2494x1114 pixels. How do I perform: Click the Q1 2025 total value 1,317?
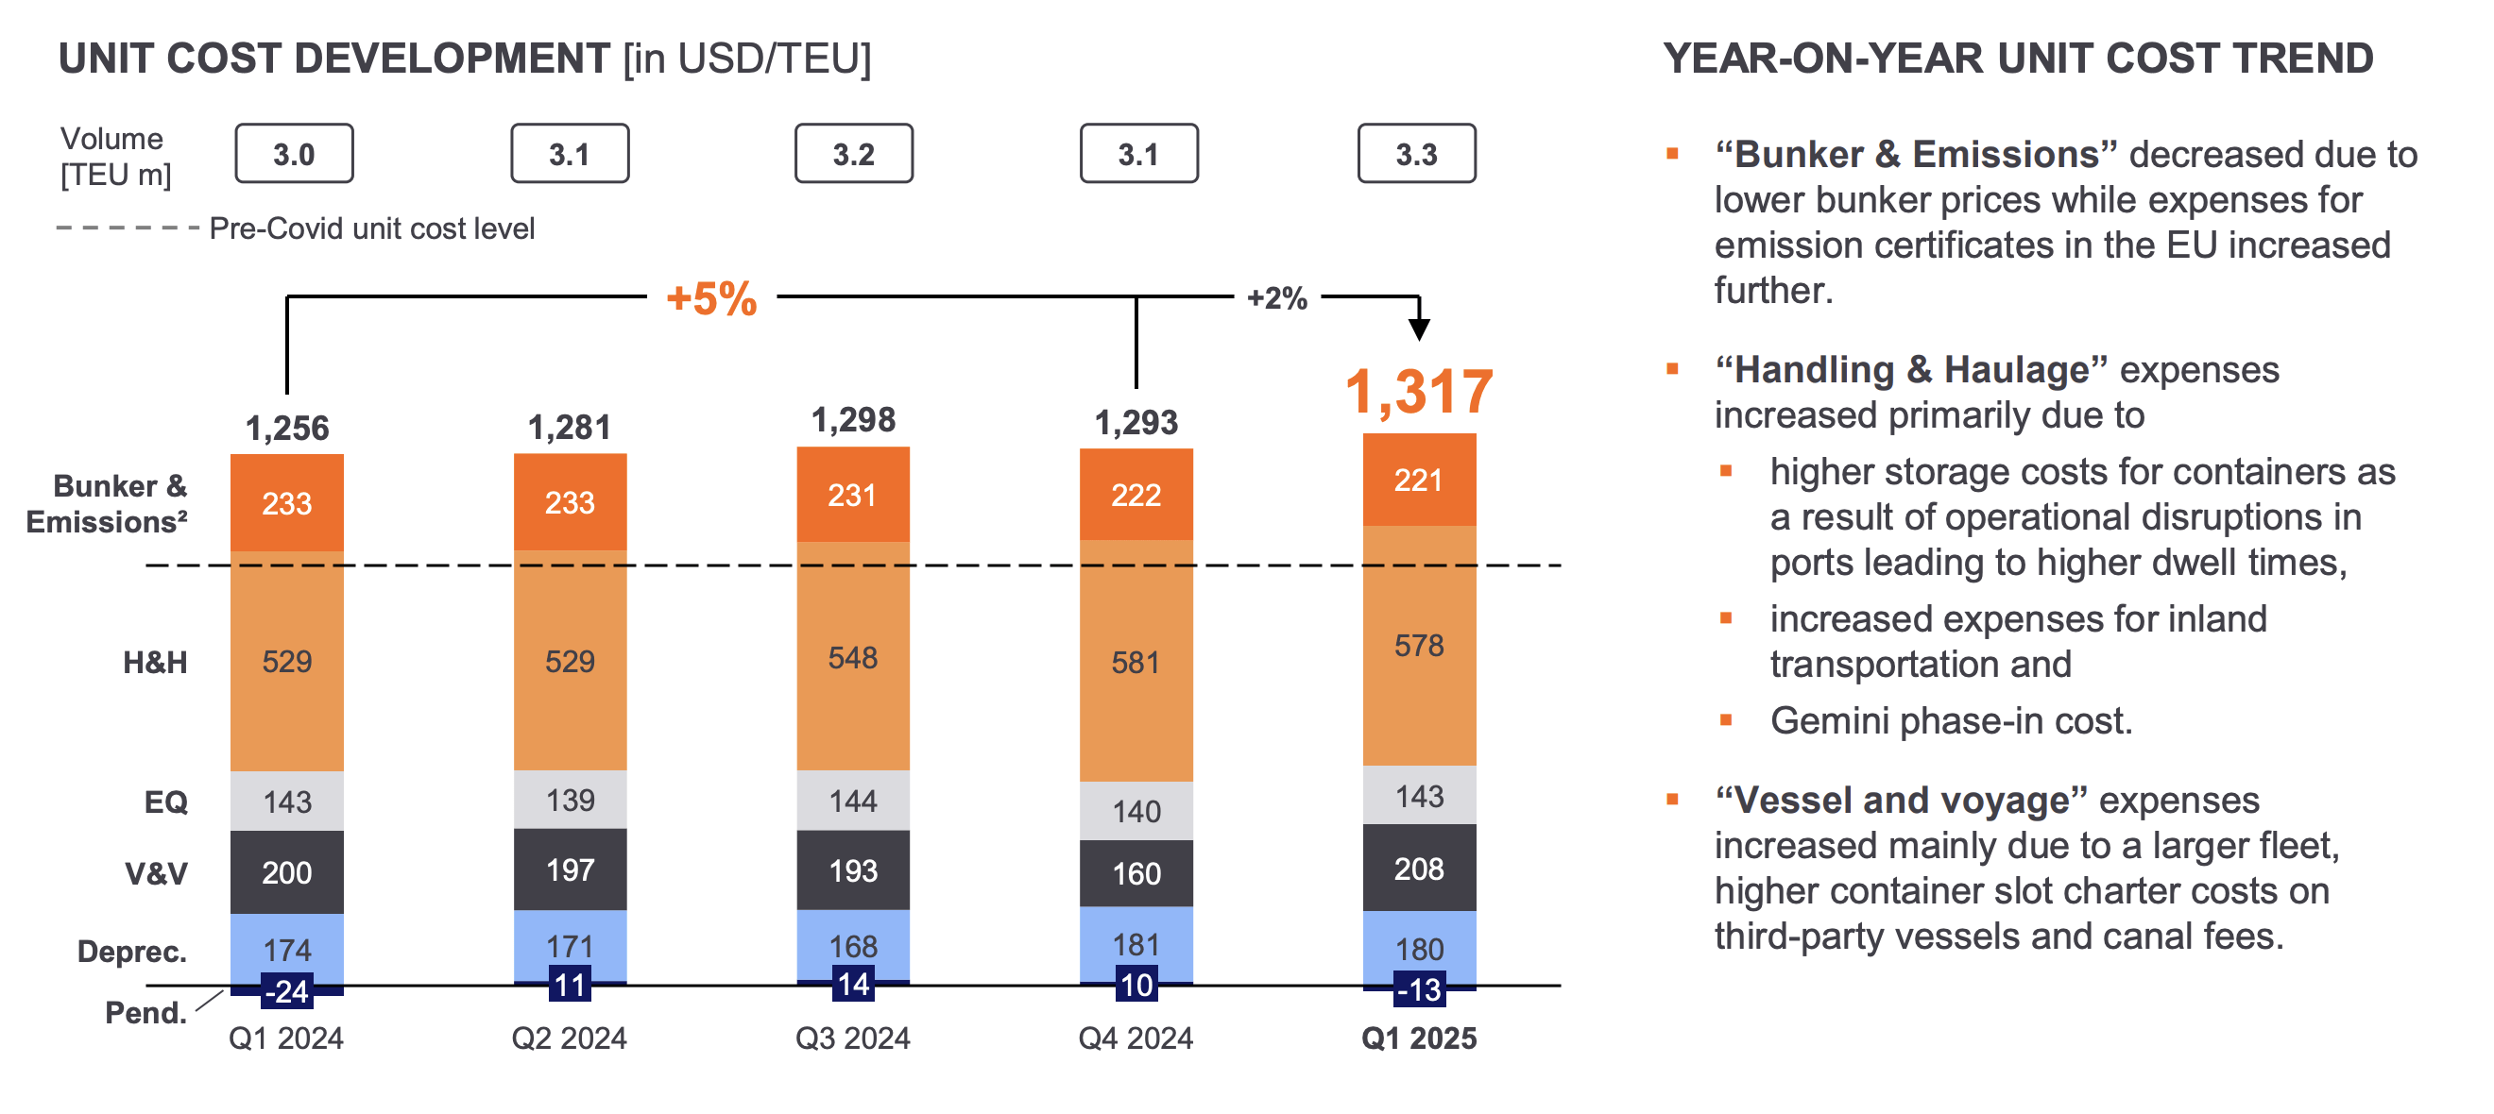(1418, 392)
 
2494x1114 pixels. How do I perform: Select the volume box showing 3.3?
(1415, 154)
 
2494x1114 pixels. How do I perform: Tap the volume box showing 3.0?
(294, 154)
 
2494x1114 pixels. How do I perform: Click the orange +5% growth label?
(711, 298)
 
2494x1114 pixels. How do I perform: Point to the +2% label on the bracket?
(1276, 298)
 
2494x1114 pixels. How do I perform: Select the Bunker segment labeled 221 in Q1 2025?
(1418, 480)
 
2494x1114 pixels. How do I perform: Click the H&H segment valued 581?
(1136, 662)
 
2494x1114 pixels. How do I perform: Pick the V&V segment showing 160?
(1136, 873)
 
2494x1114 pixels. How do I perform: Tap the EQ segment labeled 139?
(570, 800)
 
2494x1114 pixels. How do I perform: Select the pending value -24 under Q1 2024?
(286, 991)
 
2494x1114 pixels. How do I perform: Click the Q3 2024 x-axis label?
(852, 1038)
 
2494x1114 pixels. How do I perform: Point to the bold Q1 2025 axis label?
(1418, 1038)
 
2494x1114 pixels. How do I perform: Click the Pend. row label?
(145, 1012)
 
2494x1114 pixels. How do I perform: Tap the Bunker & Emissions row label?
(107, 503)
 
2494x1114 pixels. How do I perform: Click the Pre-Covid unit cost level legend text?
(372, 228)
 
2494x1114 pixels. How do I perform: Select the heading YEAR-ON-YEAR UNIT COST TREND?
(2018, 59)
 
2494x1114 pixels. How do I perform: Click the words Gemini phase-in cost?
(1951, 721)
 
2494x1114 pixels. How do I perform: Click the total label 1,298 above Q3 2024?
(853, 420)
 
